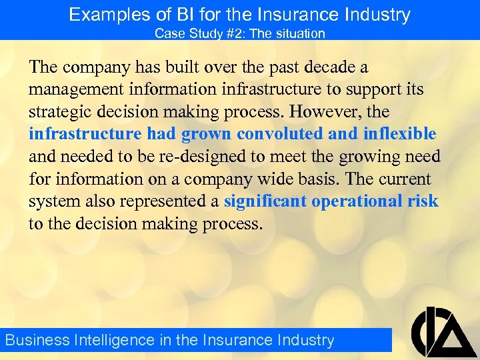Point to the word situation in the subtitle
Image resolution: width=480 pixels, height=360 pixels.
(301, 33)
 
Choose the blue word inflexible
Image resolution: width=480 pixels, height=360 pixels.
(400, 134)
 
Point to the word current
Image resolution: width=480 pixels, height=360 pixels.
(406, 179)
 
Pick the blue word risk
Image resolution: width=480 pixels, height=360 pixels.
(423, 201)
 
